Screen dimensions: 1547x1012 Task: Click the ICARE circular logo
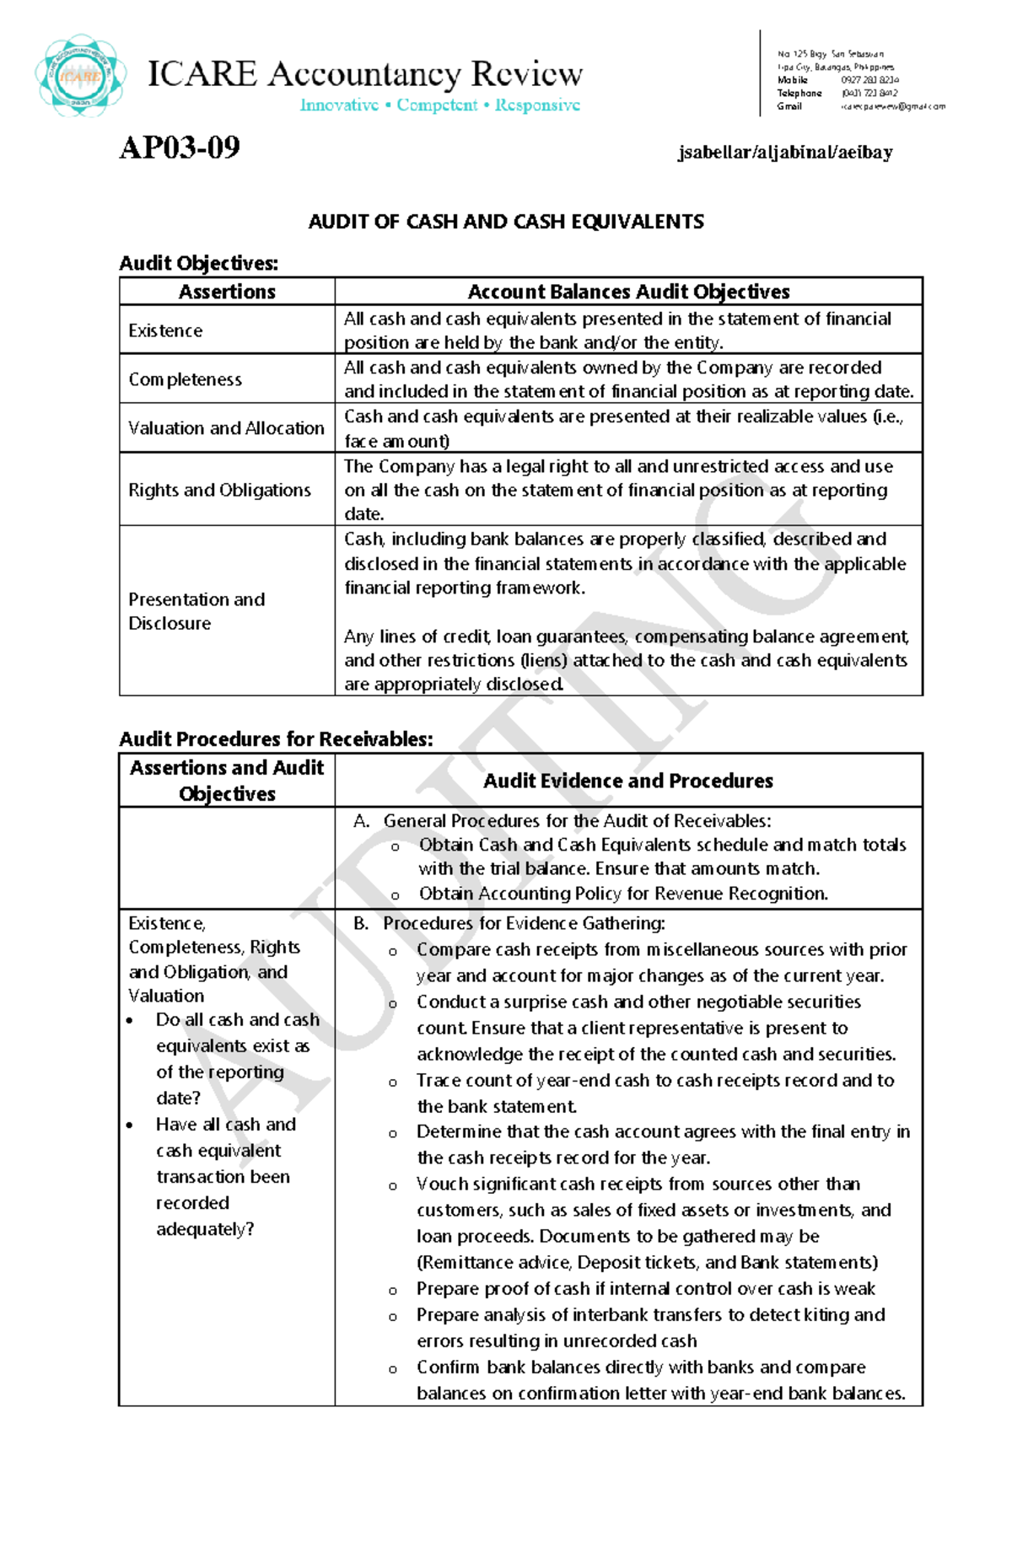(81, 76)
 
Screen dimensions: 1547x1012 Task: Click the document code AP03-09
(180, 148)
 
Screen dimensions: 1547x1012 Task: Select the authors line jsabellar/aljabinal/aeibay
(784, 153)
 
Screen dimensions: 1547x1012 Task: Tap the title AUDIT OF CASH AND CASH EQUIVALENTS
(506, 222)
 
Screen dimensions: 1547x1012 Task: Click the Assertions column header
(227, 292)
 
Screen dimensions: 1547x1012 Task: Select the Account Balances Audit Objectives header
(628, 292)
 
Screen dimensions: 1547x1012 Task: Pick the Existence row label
(165, 330)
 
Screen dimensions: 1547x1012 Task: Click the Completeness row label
(185, 379)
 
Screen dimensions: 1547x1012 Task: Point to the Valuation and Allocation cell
(226, 428)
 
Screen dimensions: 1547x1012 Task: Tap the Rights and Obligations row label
(219, 490)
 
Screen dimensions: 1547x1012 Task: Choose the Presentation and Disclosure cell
(196, 611)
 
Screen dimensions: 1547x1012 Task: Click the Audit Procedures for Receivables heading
(276, 739)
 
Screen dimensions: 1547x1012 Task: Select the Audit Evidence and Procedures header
(627, 781)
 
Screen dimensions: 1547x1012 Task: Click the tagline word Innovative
(339, 105)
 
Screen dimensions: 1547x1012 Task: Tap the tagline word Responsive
(537, 105)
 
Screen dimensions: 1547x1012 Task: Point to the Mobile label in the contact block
(792, 80)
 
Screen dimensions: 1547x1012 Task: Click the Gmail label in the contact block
(789, 107)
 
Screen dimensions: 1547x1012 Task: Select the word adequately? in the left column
(205, 1229)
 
